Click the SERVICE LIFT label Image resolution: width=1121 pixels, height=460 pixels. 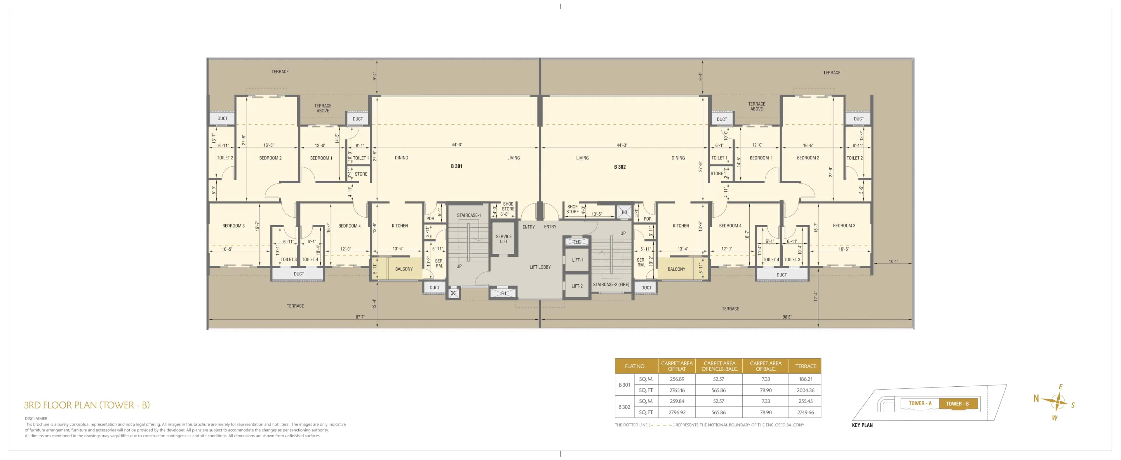504,239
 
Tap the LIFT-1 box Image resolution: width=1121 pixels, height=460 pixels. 577,260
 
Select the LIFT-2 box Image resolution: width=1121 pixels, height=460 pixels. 577,286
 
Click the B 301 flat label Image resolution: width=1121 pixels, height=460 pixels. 457,166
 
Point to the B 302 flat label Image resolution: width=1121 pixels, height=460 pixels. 620,167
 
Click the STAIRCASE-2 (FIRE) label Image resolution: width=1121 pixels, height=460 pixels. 611,284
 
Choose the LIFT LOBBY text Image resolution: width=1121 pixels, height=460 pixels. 540,267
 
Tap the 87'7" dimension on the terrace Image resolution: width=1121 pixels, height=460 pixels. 360,317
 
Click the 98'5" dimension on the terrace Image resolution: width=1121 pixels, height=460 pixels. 787,317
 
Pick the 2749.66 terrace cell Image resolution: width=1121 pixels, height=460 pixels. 805,412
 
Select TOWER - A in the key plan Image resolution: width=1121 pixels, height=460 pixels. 920,403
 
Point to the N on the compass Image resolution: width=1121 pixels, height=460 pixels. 1036,398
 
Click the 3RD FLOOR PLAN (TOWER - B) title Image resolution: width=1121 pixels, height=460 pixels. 87,405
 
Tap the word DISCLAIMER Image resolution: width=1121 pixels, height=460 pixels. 36,419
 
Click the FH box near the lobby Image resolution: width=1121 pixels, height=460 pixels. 504,293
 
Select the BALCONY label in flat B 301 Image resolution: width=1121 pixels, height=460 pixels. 404,269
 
